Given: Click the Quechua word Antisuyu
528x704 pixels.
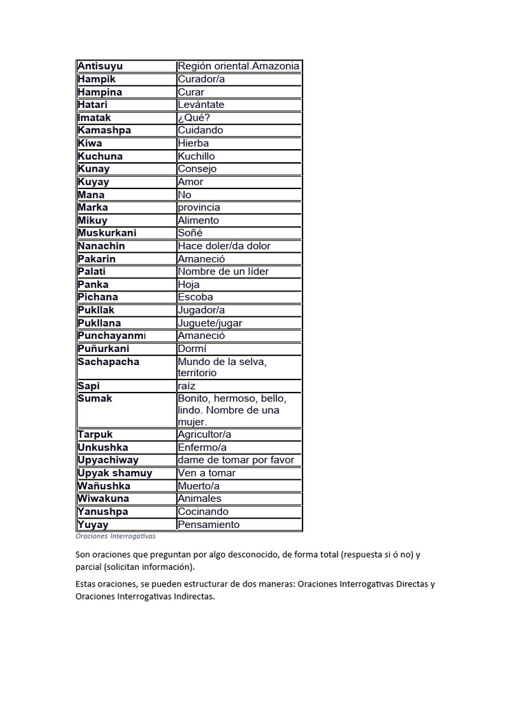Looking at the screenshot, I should [x=100, y=66].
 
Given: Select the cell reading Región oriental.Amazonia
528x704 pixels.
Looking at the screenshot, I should [x=239, y=66].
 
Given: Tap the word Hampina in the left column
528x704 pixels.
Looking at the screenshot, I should [x=100, y=92].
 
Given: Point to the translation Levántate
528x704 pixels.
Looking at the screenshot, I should [x=201, y=104].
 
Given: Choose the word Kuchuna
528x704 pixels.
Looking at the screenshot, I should [x=100, y=156].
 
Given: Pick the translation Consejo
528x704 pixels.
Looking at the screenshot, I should [x=197, y=168].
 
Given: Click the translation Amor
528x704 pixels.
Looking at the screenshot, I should [x=190, y=181].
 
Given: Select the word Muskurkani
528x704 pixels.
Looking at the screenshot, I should [x=107, y=233].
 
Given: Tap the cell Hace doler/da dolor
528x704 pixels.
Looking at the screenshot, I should [x=224, y=245].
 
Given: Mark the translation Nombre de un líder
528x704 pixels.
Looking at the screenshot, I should [x=223, y=271].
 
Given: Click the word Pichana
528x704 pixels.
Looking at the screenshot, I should [x=98, y=297].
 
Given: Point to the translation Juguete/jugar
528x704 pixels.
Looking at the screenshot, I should [x=210, y=322].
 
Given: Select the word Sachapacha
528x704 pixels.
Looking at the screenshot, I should [x=109, y=362].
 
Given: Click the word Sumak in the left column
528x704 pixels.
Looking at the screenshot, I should [x=95, y=399].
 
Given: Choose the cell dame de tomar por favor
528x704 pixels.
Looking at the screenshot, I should [x=236, y=460].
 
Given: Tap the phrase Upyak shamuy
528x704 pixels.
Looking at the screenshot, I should [x=115, y=473].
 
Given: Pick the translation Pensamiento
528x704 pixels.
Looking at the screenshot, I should [x=208, y=525].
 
